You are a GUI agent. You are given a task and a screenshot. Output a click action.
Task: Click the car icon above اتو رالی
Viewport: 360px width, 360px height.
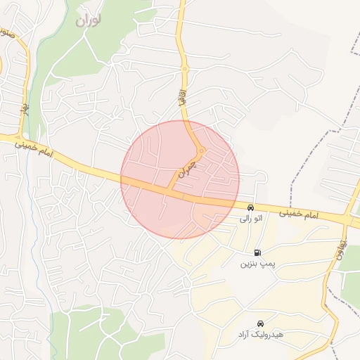pyautogui.click(x=250, y=207)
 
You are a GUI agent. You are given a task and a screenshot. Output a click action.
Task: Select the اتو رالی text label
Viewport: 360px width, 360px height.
pyautogui.click(x=250, y=219)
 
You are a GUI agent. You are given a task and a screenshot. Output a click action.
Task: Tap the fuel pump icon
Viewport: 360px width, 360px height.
pyautogui.click(x=257, y=252)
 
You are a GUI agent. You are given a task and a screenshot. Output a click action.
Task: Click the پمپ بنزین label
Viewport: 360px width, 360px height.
pyautogui.click(x=255, y=264)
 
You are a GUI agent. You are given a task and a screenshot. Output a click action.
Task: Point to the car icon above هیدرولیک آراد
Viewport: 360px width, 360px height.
pyautogui.click(x=260, y=323)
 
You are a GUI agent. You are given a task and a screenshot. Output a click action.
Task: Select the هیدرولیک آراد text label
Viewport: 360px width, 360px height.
pyautogui.click(x=259, y=334)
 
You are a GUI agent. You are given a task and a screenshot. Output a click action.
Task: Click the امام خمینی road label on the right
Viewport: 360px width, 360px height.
pyautogui.click(x=304, y=214)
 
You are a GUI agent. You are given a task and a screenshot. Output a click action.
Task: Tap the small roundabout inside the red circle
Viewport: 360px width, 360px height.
pyautogui.click(x=201, y=150)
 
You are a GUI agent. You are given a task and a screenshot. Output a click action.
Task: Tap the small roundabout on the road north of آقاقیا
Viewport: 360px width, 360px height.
pyautogui.click(x=185, y=68)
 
